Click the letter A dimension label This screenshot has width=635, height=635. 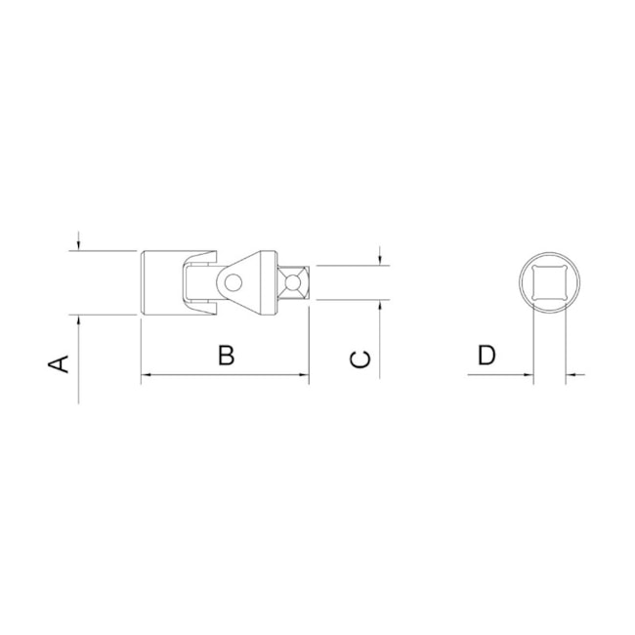tap(59, 363)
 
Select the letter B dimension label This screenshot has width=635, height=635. tap(227, 356)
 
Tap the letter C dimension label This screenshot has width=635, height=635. tap(360, 359)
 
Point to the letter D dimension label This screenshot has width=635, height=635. tap(487, 356)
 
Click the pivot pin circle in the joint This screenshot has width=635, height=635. tap(233, 282)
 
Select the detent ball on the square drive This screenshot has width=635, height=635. tap(292, 282)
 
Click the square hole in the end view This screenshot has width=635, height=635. tap(549, 282)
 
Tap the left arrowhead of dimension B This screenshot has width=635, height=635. tap(145, 375)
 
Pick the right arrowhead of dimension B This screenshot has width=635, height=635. tap(305, 375)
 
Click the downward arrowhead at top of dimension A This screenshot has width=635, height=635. tap(78, 246)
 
